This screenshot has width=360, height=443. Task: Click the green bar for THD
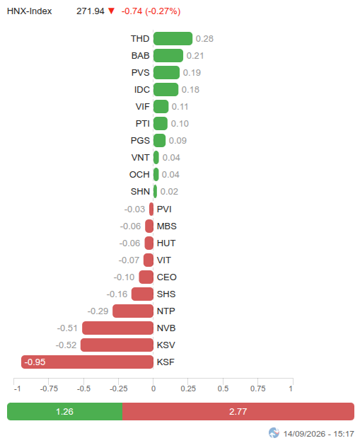pyautogui.click(x=173, y=38)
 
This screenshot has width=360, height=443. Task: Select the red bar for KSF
pyautogui.click(x=87, y=362)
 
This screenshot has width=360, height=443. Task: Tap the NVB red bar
pyautogui.click(x=117, y=328)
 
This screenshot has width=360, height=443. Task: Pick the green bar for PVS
pyautogui.click(x=166, y=73)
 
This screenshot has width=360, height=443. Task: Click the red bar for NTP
pyautogui.click(x=133, y=311)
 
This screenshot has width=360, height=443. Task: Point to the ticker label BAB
pyautogui.click(x=140, y=56)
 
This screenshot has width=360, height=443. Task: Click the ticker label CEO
pyautogui.click(x=167, y=277)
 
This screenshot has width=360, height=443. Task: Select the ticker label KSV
pyautogui.click(x=166, y=345)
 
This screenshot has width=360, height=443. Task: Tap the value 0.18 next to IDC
pyautogui.click(x=190, y=90)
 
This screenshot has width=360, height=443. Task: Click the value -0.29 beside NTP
pyautogui.click(x=98, y=311)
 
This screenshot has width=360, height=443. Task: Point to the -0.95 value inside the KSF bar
pyautogui.click(x=35, y=362)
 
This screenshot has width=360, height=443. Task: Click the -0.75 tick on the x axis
pyautogui.click(x=49, y=389)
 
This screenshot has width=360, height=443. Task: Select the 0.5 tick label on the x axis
pyautogui.click(x=223, y=389)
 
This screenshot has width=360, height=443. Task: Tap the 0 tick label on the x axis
pyautogui.click(x=153, y=389)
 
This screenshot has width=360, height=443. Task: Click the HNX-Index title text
pyautogui.click(x=30, y=11)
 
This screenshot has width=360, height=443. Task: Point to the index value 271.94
pyautogui.click(x=91, y=11)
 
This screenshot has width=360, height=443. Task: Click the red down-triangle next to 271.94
pyautogui.click(x=112, y=11)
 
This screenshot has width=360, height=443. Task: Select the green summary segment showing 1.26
pyautogui.click(x=64, y=411)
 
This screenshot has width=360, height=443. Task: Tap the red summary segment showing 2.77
pyautogui.click(x=238, y=411)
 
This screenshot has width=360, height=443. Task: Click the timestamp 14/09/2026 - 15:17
pyautogui.click(x=318, y=434)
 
